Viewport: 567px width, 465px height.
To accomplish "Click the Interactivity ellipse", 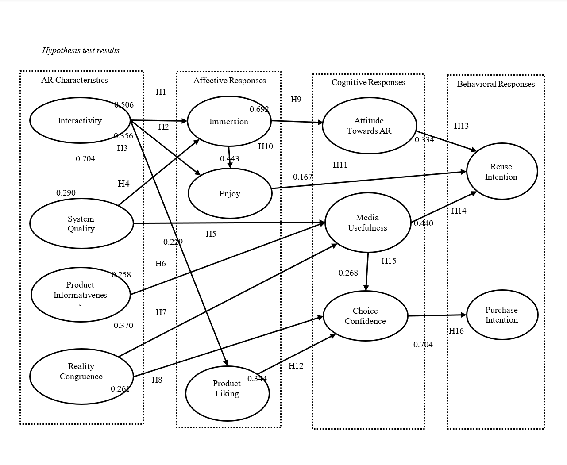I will pos(80,120).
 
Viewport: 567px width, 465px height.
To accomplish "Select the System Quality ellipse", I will pos(81,223).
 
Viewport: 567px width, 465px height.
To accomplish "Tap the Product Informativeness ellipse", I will pos(80,294).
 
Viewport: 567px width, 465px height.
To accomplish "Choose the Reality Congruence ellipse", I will pos(81,377).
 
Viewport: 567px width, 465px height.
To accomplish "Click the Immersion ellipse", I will pos(229,122).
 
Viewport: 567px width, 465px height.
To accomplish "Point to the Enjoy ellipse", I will pos(230,194).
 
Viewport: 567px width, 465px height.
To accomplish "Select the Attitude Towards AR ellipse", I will pos(369,126).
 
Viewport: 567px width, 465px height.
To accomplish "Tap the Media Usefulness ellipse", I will pos(367,223).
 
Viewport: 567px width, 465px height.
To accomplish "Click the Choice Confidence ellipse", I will pos(365,316).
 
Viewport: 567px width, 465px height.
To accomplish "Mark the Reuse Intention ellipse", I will pos(501,172).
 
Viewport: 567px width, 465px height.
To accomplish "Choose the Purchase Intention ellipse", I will pos(501,315).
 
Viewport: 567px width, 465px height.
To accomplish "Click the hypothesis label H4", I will pos(123,184).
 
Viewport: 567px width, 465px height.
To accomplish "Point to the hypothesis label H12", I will pos(296,366).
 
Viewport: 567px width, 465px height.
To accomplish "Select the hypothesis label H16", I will pos(456,331).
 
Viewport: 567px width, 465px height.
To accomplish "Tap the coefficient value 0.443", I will pos(229,159).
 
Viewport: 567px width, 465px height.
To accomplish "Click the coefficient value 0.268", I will pos(348,273).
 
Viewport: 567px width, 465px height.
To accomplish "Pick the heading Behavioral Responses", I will pos(496,84).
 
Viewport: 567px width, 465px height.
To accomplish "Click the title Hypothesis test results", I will pos(81,50).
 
